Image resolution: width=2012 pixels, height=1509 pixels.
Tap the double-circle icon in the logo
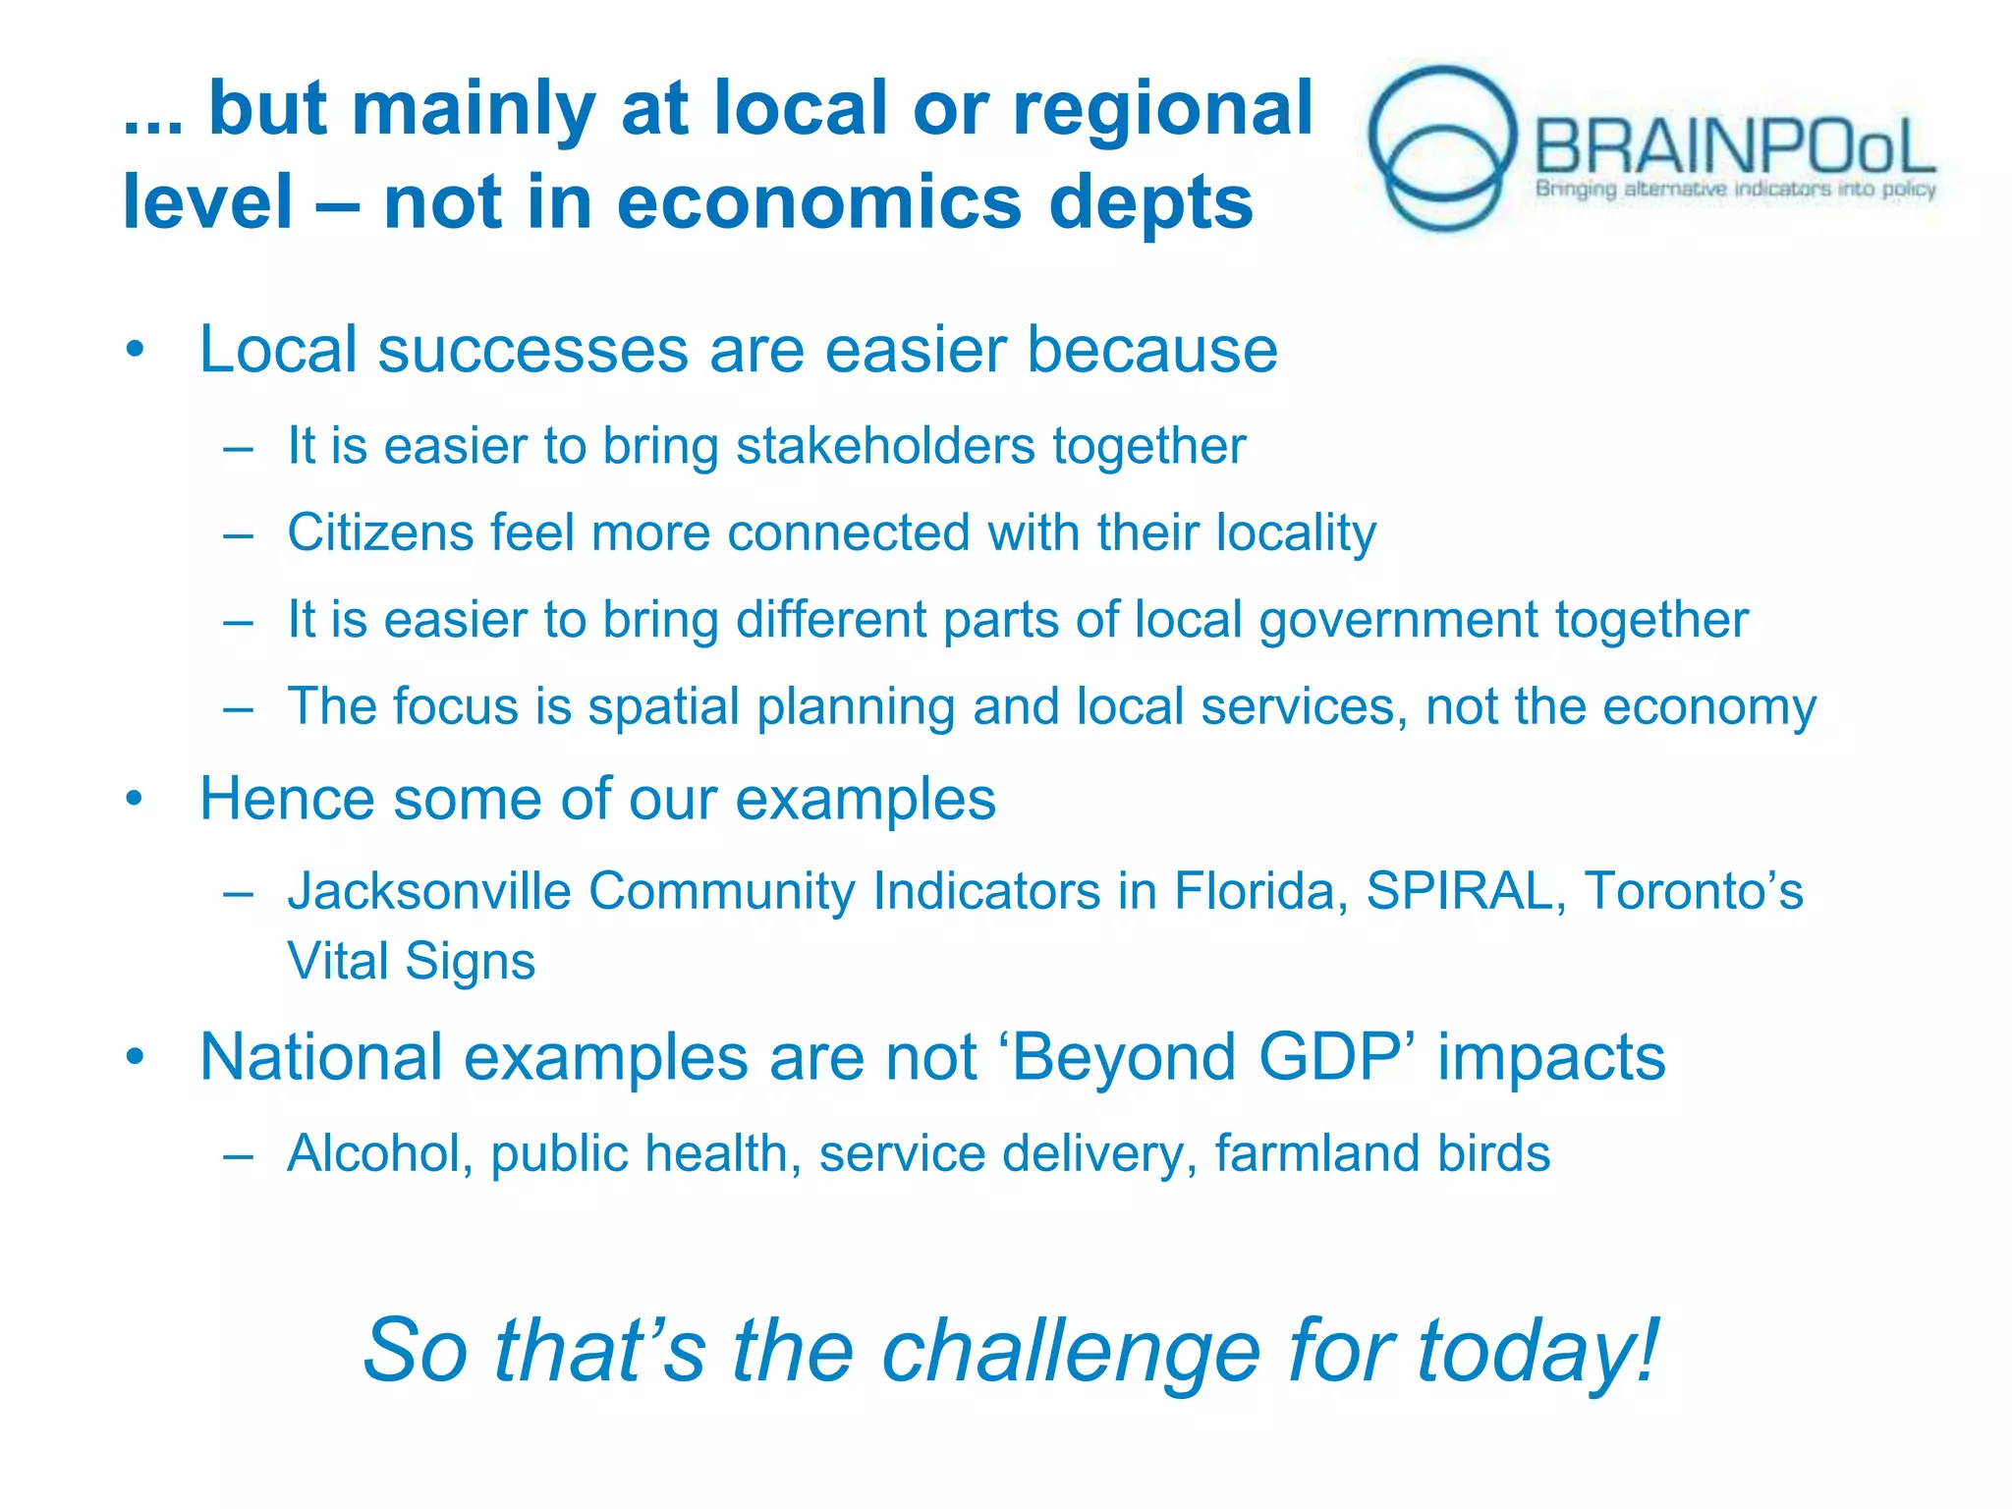(x=1441, y=147)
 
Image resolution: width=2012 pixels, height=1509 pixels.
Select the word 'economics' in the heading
(x=819, y=202)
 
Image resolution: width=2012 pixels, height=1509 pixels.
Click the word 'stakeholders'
(x=885, y=446)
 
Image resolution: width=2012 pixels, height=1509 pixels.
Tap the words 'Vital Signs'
(x=411, y=961)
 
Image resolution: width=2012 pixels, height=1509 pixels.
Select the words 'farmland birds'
(x=1381, y=1153)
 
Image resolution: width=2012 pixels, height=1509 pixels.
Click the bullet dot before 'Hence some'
(x=135, y=799)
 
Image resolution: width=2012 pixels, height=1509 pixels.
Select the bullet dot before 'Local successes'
(x=135, y=350)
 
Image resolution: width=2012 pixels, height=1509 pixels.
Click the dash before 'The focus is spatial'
(x=239, y=707)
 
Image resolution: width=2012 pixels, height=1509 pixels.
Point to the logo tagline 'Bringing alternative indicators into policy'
(x=1735, y=189)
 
